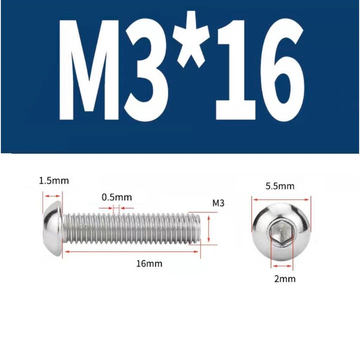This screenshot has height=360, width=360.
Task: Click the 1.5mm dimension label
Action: click(x=54, y=181)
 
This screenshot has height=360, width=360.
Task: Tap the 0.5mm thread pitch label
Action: click(x=117, y=198)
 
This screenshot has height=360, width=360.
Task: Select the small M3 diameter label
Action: click(x=219, y=203)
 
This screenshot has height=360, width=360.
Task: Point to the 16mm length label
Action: click(x=149, y=264)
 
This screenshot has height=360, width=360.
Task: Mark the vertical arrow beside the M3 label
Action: click(x=209, y=230)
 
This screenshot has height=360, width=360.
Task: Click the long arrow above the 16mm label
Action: click(x=131, y=252)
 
